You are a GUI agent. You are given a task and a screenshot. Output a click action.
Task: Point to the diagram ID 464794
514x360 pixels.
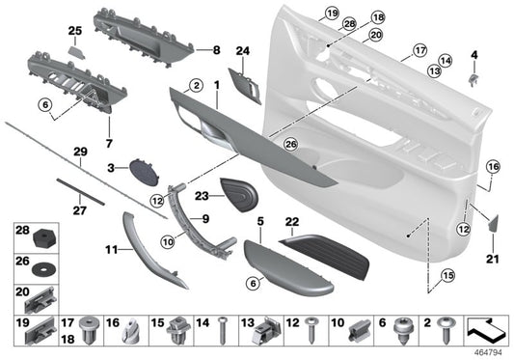[x=488, y=352]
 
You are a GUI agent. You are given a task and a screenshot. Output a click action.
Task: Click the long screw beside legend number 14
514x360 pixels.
[x=220, y=328]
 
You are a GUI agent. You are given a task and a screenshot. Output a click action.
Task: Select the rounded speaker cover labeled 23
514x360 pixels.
[x=241, y=192]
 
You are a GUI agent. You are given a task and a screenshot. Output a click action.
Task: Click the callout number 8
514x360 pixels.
[x=216, y=48]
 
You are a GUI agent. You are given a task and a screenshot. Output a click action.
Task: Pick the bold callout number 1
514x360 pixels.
[x=218, y=86]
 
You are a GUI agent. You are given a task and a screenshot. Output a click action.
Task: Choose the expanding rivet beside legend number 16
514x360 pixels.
[x=128, y=331]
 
